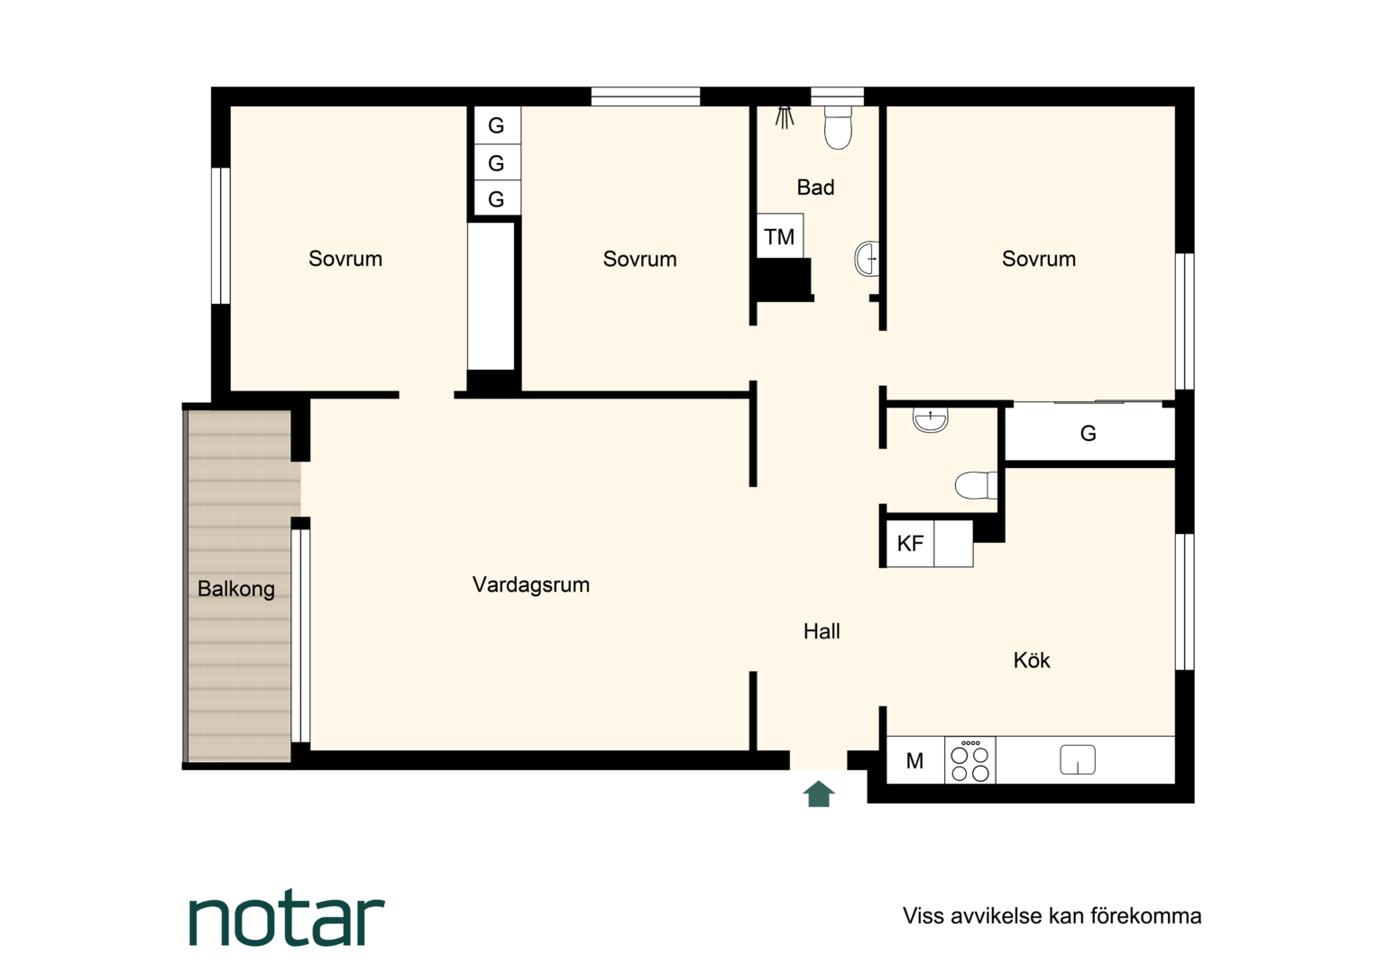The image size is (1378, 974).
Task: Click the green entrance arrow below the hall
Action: (x=819, y=795)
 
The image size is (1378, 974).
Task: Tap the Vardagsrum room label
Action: (x=531, y=584)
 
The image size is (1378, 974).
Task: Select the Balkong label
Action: (x=236, y=589)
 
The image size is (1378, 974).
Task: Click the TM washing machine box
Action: (x=779, y=235)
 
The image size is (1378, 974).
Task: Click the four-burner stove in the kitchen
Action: (x=970, y=760)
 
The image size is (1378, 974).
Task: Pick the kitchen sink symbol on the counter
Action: (x=1078, y=760)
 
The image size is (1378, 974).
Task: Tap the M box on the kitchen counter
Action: (x=915, y=760)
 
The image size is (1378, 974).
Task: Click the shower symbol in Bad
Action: (x=784, y=117)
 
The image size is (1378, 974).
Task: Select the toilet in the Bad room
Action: (x=838, y=128)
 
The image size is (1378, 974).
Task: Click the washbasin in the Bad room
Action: (x=867, y=259)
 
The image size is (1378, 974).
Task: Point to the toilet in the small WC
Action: (x=976, y=485)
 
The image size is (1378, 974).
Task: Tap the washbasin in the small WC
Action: (x=930, y=420)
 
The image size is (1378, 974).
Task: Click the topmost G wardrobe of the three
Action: (x=497, y=124)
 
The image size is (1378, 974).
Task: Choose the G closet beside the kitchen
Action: (x=1089, y=433)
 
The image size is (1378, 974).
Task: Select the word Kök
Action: (x=1032, y=660)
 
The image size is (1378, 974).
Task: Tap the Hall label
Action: (x=822, y=631)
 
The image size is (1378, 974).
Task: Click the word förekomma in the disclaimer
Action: (x=1146, y=916)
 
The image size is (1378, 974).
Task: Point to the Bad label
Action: (x=816, y=187)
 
